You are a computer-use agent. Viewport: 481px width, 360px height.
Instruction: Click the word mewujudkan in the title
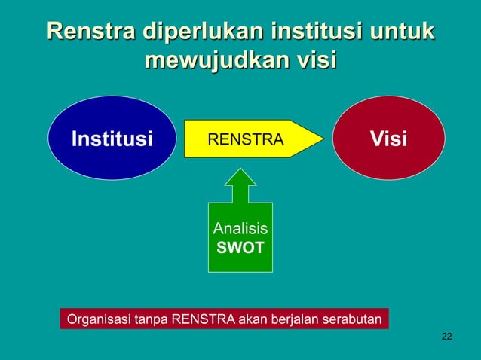click(x=209, y=60)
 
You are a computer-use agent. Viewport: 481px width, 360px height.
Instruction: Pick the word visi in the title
click(x=308, y=60)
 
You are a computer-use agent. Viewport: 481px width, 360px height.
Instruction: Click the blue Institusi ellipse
click(x=112, y=139)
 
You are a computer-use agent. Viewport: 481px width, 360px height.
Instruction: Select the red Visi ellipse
click(x=388, y=139)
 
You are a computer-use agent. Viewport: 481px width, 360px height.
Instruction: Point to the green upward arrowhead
click(x=240, y=179)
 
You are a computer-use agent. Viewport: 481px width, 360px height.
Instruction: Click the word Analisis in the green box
click(x=240, y=229)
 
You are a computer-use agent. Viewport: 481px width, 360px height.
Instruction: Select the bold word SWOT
click(x=240, y=247)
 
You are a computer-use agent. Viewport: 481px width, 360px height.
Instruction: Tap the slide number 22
click(x=446, y=335)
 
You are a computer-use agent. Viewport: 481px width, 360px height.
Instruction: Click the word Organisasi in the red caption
click(x=99, y=319)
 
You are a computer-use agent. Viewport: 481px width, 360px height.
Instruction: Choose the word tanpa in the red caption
click(x=152, y=319)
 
